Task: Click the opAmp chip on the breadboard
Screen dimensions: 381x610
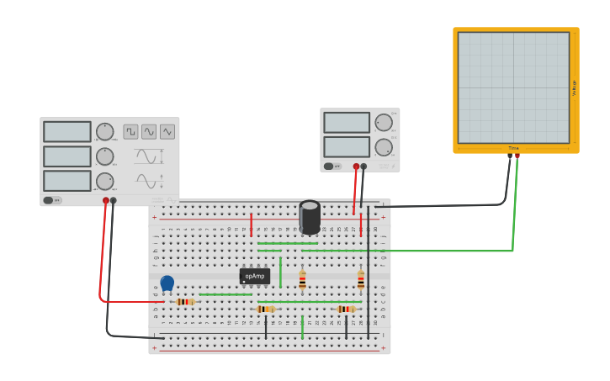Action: (x=254, y=276)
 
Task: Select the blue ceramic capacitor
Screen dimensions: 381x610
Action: (x=167, y=283)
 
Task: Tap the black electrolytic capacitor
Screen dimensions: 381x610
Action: (x=310, y=217)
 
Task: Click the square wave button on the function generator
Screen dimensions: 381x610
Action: (x=130, y=131)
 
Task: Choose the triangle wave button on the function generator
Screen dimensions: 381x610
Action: (x=149, y=131)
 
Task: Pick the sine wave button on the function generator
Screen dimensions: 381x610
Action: (x=167, y=131)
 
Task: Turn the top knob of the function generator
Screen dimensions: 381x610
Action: (x=104, y=132)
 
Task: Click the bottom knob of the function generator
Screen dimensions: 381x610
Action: (x=104, y=181)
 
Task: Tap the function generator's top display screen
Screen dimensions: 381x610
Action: (x=67, y=132)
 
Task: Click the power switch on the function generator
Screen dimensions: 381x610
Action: (x=52, y=200)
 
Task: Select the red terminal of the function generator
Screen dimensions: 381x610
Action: (x=106, y=201)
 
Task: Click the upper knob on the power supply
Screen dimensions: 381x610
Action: (x=384, y=123)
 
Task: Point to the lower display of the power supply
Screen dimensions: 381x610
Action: (x=347, y=147)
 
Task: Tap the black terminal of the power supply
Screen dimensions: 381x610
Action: (x=363, y=167)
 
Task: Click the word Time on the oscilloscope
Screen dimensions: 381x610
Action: (x=513, y=148)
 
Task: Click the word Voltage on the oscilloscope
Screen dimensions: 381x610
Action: (x=575, y=87)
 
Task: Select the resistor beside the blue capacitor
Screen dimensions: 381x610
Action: (x=185, y=301)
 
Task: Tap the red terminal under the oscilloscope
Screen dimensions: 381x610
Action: (x=517, y=156)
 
